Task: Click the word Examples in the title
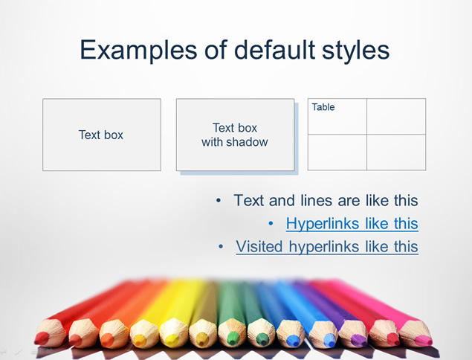click(x=139, y=51)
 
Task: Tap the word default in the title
click(x=274, y=49)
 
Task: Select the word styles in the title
click(x=356, y=51)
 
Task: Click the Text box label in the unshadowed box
click(x=101, y=135)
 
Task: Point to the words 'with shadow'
click(x=235, y=142)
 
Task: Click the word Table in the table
click(x=323, y=107)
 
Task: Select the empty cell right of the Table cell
click(x=396, y=116)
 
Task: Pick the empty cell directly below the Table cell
click(x=337, y=152)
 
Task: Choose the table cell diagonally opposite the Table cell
click(x=396, y=152)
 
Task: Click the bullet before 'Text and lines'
click(x=219, y=200)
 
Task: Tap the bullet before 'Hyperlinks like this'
click(x=271, y=224)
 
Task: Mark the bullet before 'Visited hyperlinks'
click(x=221, y=247)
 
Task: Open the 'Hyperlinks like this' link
click(x=352, y=224)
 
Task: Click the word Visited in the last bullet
click(x=259, y=246)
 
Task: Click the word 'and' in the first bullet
click(x=282, y=201)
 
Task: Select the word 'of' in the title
click(x=216, y=49)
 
